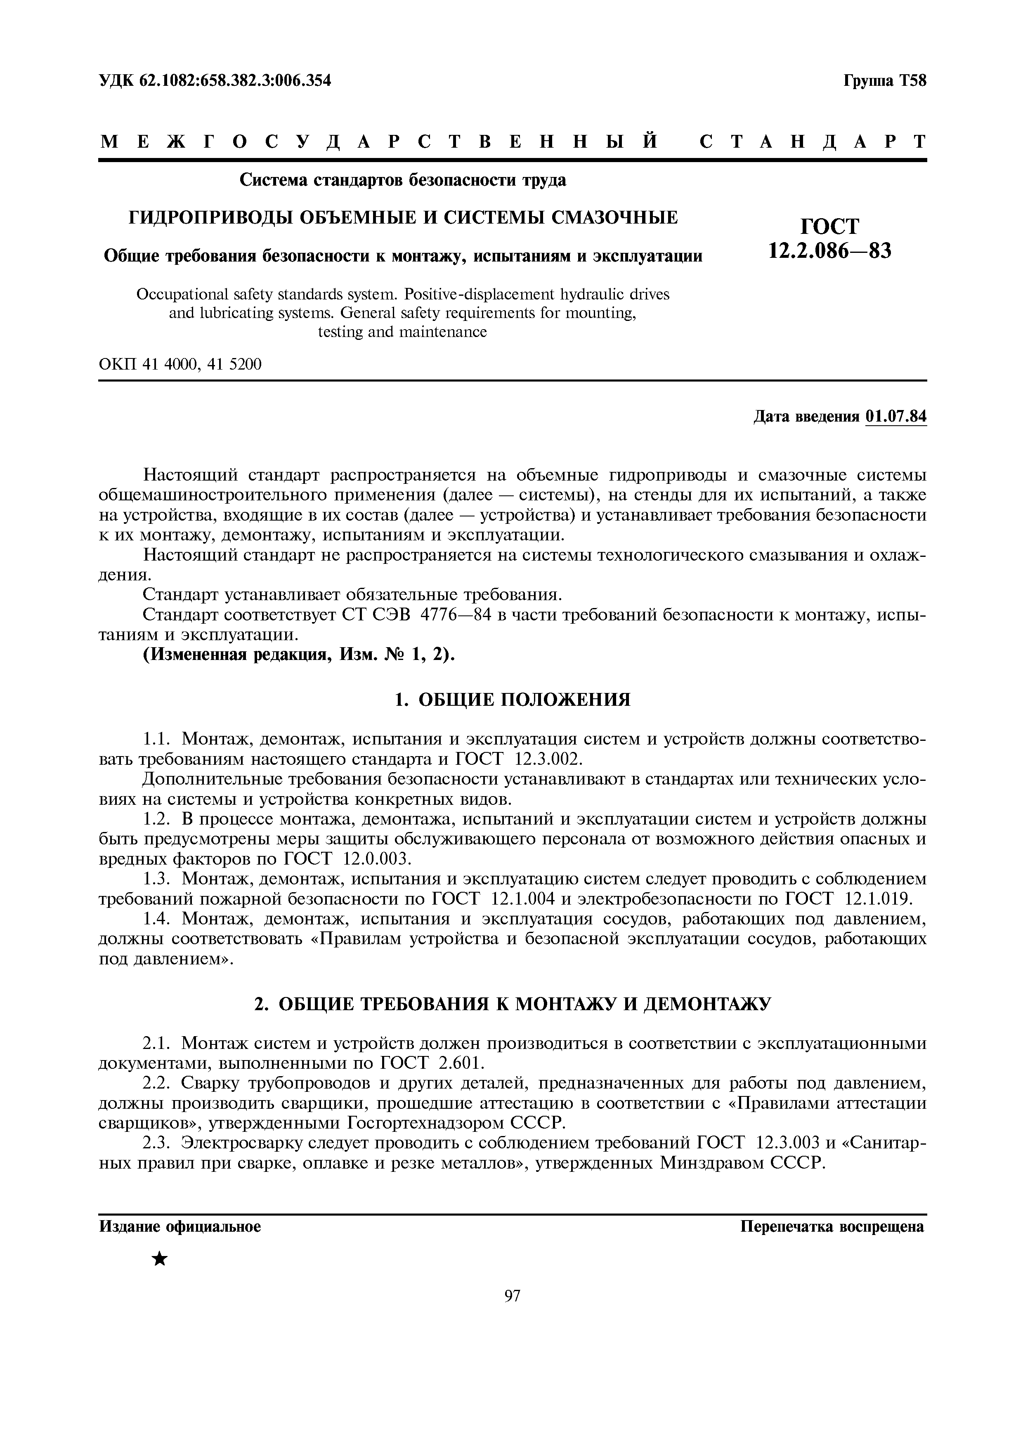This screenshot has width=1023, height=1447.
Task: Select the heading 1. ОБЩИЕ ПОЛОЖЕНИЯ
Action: point(512,700)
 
